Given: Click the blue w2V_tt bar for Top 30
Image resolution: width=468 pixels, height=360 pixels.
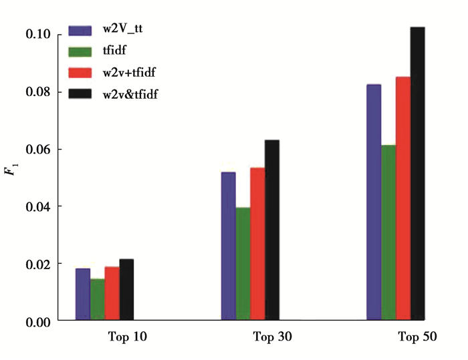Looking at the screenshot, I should [x=228, y=246].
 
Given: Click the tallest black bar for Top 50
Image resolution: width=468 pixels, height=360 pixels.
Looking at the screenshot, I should [x=417, y=174].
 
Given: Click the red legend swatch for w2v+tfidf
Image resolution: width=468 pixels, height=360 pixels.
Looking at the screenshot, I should [x=80, y=73].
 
